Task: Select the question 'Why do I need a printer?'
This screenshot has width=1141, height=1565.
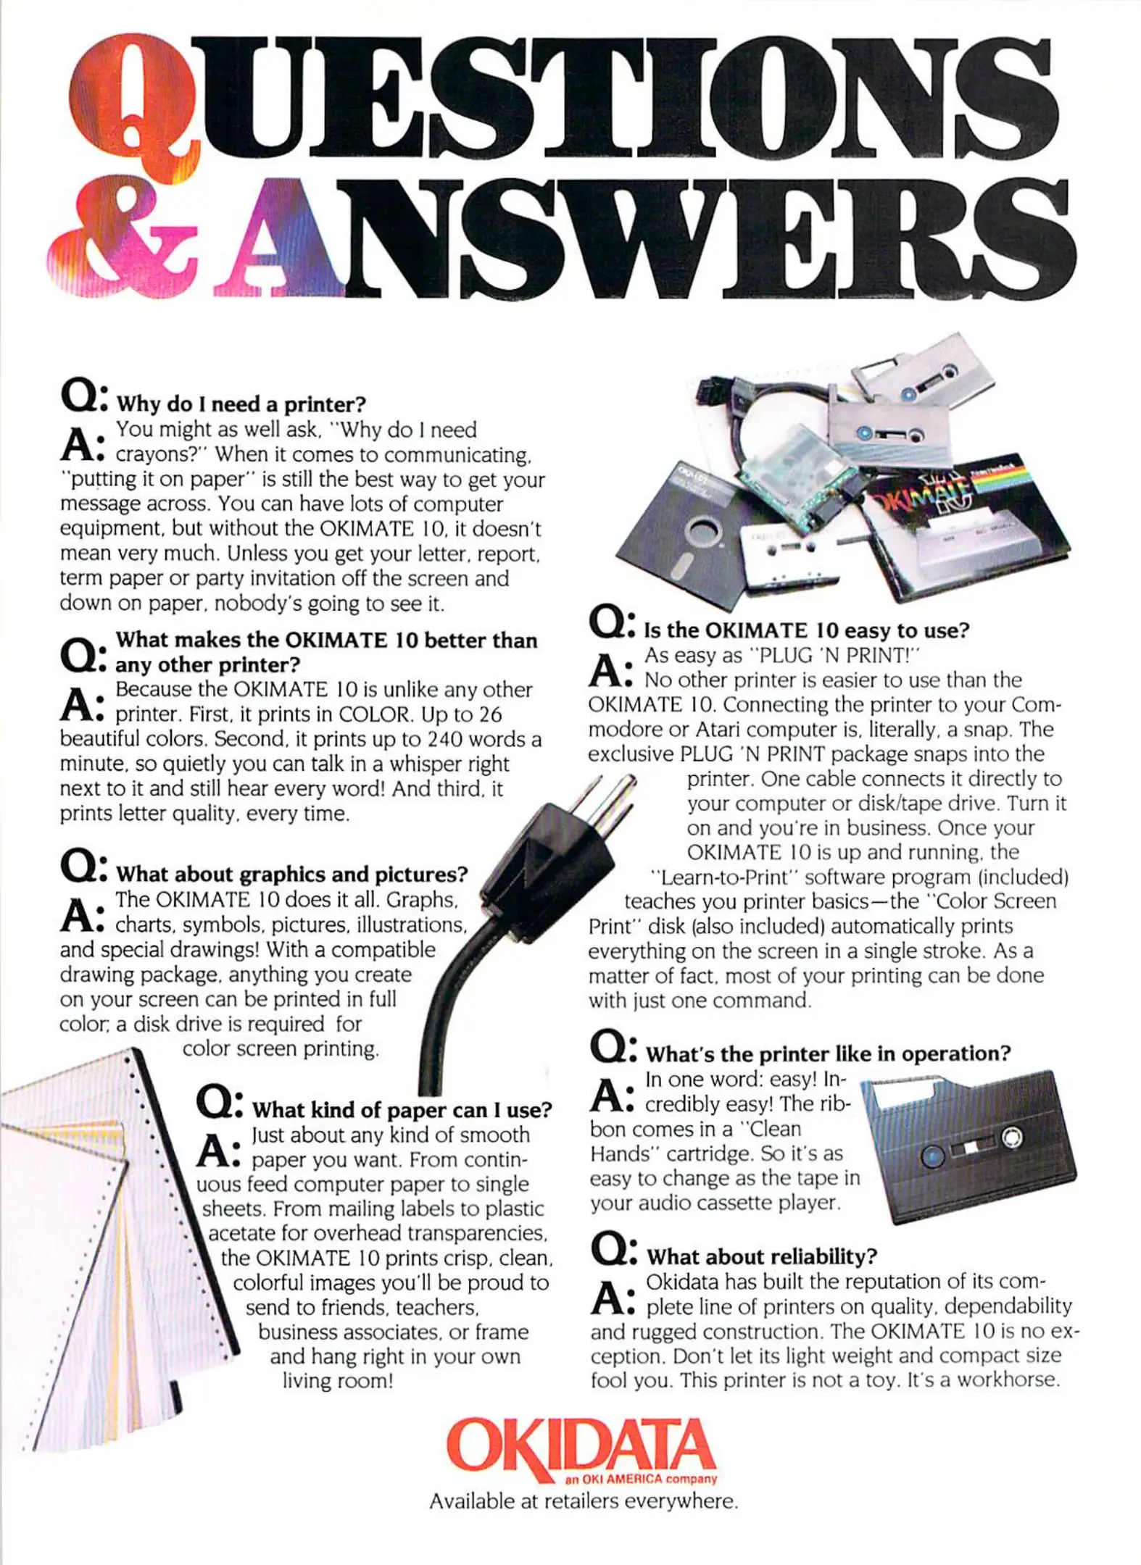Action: coord(241,404)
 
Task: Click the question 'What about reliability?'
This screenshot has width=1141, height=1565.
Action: coord(761,1256)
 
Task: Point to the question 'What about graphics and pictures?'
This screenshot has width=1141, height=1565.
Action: coord(292,874)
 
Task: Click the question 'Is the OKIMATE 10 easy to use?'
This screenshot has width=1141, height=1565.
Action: coord(807,630)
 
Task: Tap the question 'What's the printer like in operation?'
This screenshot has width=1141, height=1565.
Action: coord(828,1053)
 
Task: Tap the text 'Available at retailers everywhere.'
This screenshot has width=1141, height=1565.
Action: coord(584,1501)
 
